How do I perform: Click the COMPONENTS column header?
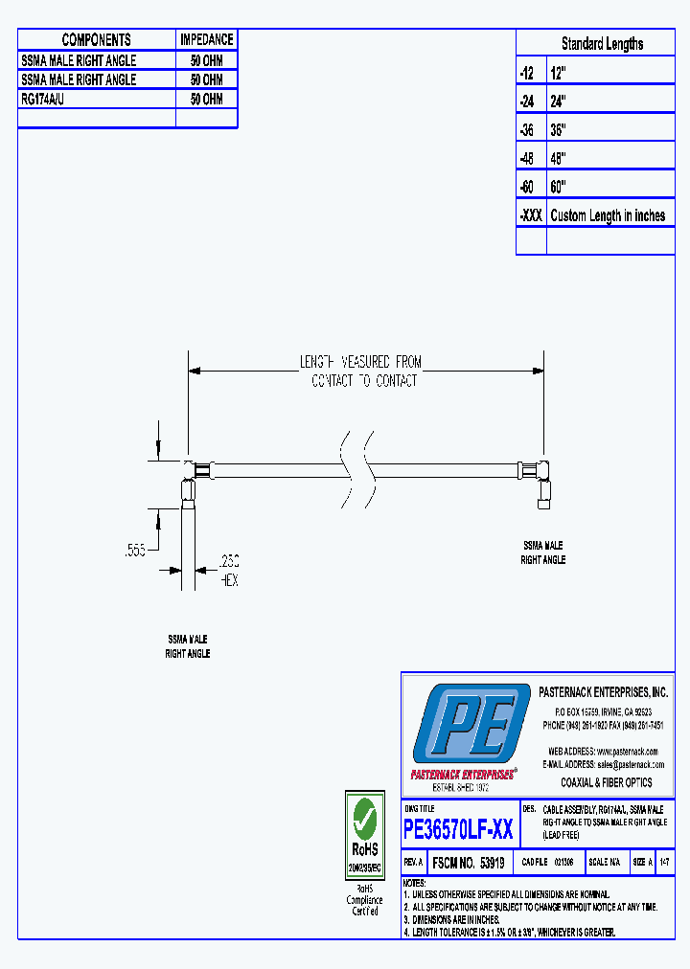click(96, 39)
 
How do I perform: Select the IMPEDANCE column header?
click(206, 39)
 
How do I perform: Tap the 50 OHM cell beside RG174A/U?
click(206, 99)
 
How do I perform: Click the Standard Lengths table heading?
click(602, 44)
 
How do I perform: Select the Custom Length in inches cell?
click(608, 215)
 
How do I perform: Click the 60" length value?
click(560, 187)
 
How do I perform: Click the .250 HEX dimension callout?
click(229, 572)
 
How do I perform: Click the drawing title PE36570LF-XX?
click(458, 829)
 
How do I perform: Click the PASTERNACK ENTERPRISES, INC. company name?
click(603, 692)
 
